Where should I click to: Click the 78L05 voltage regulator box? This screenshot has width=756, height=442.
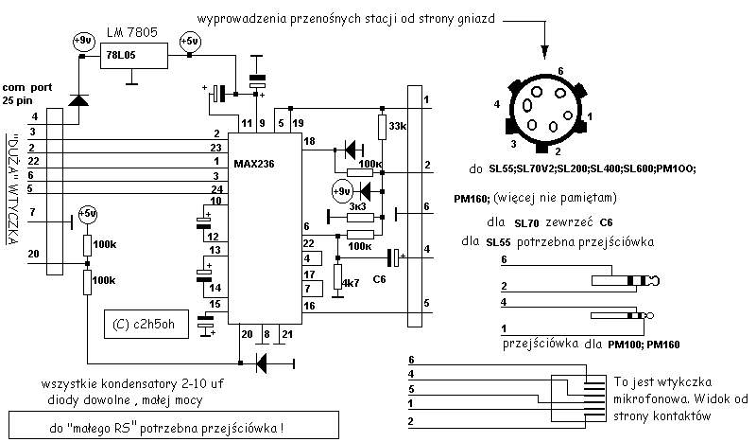click(134, 56)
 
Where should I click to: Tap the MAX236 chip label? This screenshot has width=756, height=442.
click(254, 164)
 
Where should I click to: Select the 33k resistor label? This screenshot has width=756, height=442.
click(398, 126)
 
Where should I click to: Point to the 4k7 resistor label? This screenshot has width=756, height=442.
click(351, 283)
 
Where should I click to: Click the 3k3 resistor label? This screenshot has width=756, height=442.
click(358, 206)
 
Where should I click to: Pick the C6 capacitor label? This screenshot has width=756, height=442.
click(380, 279)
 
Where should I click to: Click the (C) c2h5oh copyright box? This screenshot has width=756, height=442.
click(146, 324)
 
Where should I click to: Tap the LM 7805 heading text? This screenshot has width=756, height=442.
click(132, 32)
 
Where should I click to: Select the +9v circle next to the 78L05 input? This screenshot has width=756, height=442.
click(84, 41)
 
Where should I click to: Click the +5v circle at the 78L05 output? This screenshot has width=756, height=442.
click(190, 42)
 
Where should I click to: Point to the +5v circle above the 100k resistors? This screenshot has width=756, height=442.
click(88, 214)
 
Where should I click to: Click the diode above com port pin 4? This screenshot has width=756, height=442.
click(78, 100)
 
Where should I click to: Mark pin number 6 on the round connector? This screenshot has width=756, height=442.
click(560, 71)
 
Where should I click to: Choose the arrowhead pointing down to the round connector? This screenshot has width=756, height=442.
click(545, 51)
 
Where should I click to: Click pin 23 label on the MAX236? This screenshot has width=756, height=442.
click(215, 148)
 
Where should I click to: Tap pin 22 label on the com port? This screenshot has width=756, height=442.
click(33, 161)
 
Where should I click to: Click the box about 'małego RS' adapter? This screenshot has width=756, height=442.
click(174, 425)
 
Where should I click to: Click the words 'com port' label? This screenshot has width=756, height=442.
click(27, 88)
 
